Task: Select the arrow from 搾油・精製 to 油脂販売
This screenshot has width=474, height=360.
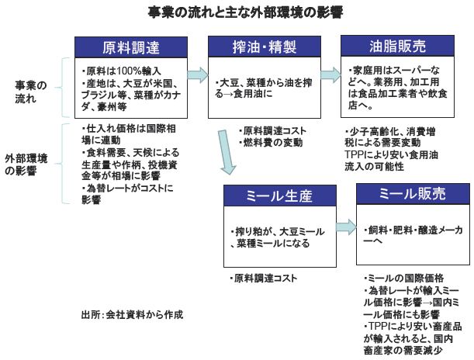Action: click(330, 74)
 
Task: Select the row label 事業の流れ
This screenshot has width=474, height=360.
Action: click(32, 92)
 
